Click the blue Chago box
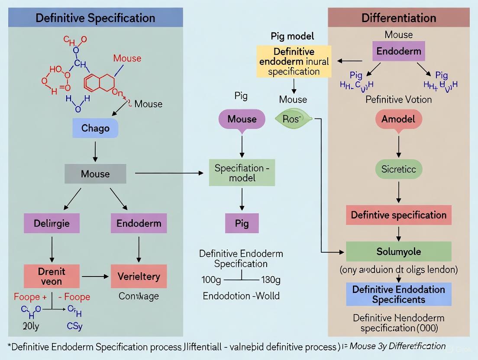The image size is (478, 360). click(95, 129)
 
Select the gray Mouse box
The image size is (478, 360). click(95, 174)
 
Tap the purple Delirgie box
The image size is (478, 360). click(52, 224)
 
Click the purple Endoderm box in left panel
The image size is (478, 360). click(139, 224)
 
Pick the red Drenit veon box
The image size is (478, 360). click(52, 276)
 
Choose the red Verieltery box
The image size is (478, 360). click(139, 276)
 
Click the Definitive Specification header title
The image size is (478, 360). click(95, 18)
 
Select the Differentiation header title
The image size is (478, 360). click(398, 18)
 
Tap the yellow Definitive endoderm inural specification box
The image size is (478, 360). click(294, 61)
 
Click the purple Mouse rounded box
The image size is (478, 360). click(242, 119)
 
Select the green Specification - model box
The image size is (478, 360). click(242, 173)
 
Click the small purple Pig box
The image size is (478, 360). click(242, 224)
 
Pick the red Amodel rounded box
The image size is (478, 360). click(398, 119)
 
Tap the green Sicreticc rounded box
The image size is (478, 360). click(398, 169)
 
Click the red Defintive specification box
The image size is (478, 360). click(398, 215)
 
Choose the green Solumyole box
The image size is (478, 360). click(398, 251)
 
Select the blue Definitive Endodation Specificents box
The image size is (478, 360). click(398, 294)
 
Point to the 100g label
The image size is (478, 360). click(211, 280)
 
